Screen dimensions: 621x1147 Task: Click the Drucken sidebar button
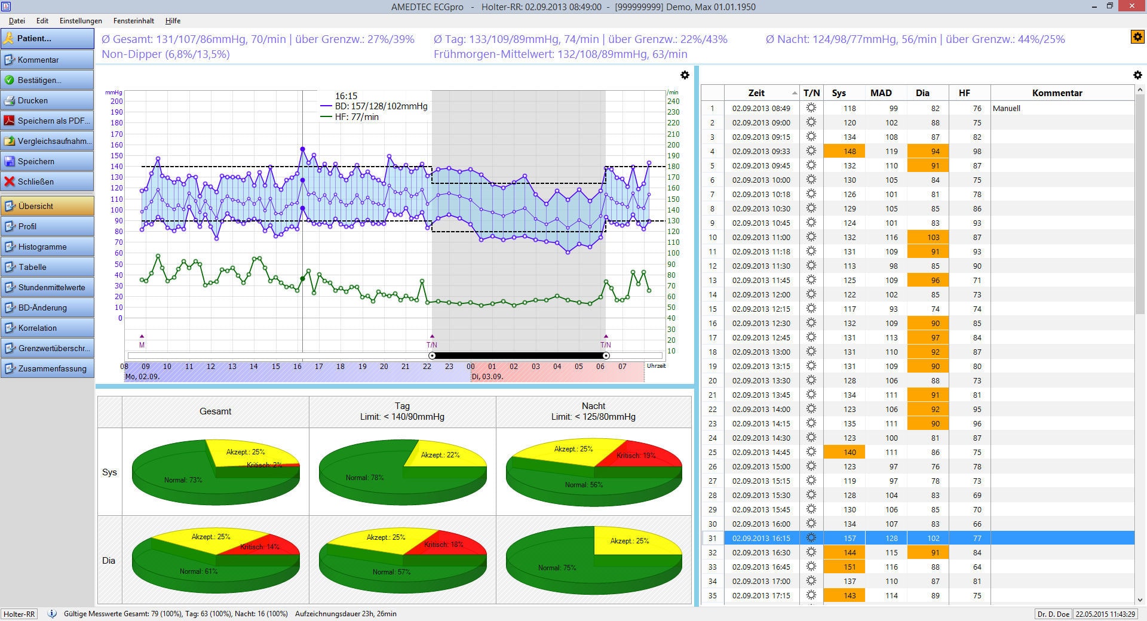coord(47,100)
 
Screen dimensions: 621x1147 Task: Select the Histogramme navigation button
coord(47,247)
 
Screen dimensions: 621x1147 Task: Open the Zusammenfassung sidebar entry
coord(47,368)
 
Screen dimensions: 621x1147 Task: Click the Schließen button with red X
coord(47,182)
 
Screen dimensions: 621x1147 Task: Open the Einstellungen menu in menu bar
coord(81,21)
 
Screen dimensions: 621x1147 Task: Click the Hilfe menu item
coord(173,21)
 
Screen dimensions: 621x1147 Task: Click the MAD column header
coord(881,93)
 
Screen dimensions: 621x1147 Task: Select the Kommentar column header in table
coord(1057,93)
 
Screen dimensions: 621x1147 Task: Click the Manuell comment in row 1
coord(1007,108)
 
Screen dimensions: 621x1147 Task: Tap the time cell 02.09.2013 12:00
coord(761,294)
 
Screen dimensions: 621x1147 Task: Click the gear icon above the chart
coord(685,75)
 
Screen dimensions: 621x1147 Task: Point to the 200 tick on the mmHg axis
coord(116,102)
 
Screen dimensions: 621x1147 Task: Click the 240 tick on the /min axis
coord(673,102)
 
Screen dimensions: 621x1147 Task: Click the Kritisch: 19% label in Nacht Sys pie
coord(636,456)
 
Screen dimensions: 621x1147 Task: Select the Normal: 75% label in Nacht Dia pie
coord(557,568)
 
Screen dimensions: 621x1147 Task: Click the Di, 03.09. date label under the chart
coord(487,377)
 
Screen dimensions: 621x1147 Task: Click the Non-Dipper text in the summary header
coord(165,54)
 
